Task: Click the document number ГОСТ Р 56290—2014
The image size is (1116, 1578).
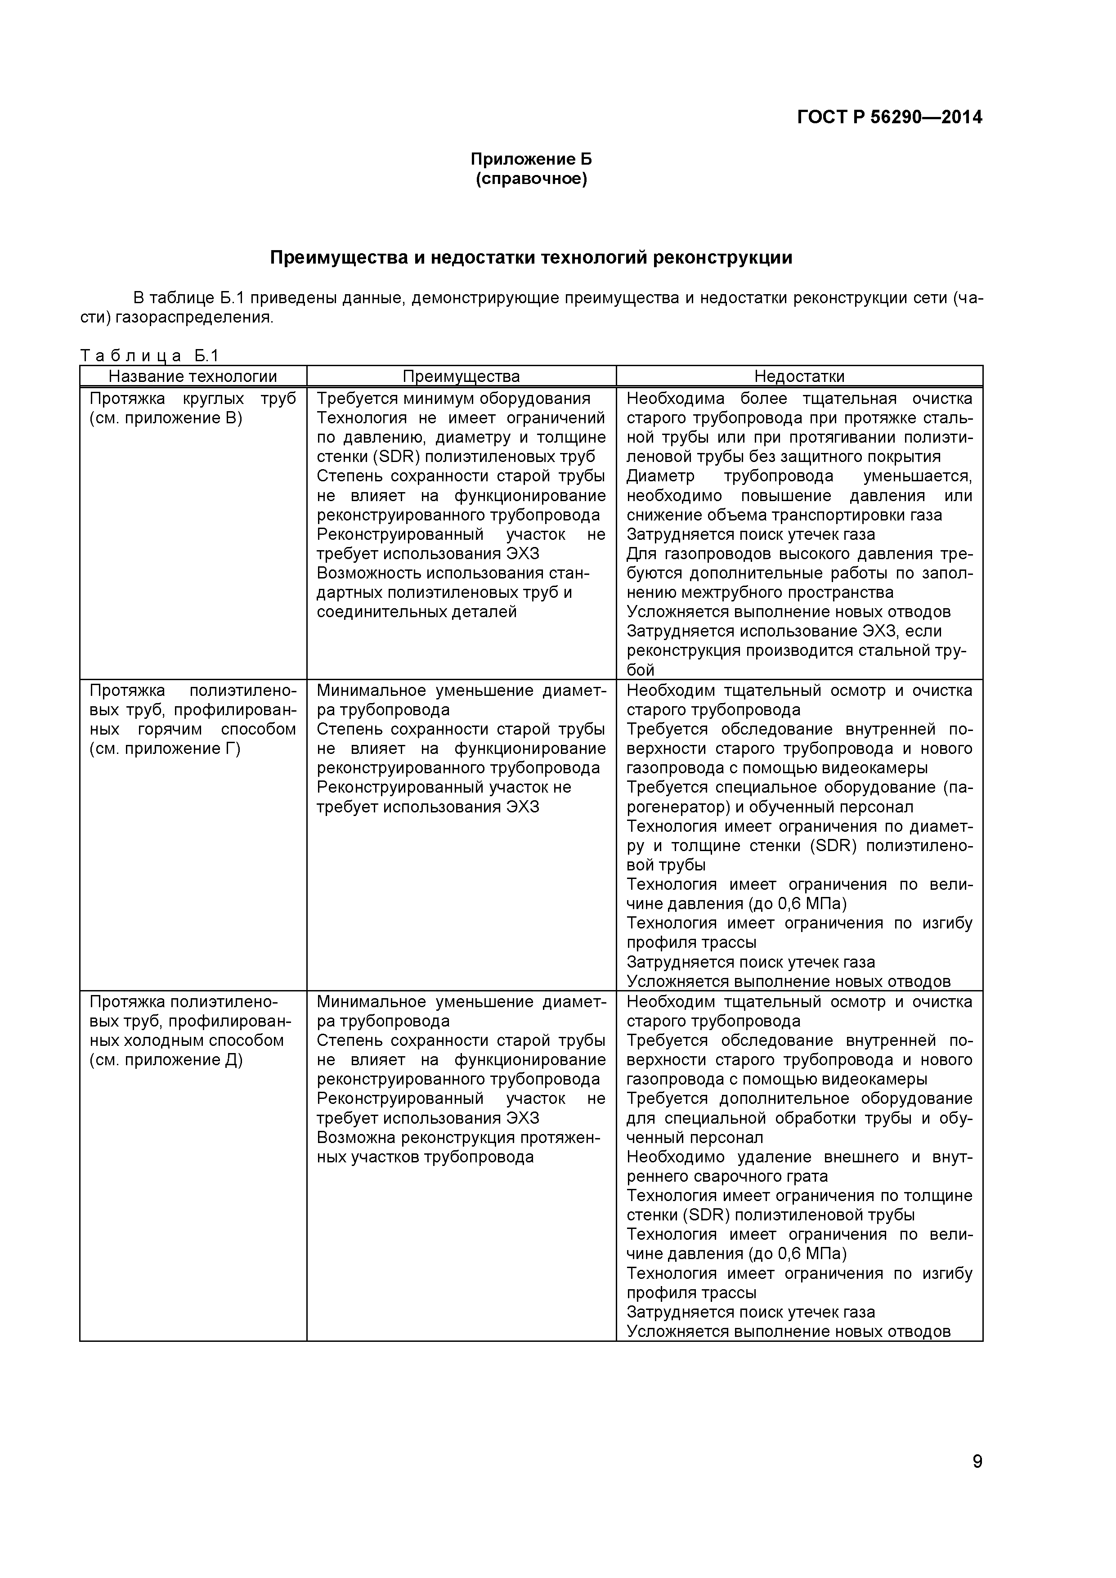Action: click(889, 117)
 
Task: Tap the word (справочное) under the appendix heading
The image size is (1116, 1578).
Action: click(531, 180)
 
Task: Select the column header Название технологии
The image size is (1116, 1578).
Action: click(193, 376)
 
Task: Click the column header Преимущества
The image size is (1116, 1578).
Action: click(461, 376)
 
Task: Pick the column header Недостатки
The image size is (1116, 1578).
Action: click(799, 376)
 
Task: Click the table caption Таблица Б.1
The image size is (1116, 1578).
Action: click(149, 356)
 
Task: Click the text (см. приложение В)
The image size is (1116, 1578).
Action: click(166, 418)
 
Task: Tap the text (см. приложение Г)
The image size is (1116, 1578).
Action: click(165, 749)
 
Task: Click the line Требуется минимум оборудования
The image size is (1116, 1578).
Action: click(453, 399)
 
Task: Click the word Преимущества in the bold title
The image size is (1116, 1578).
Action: click(338, 258)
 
